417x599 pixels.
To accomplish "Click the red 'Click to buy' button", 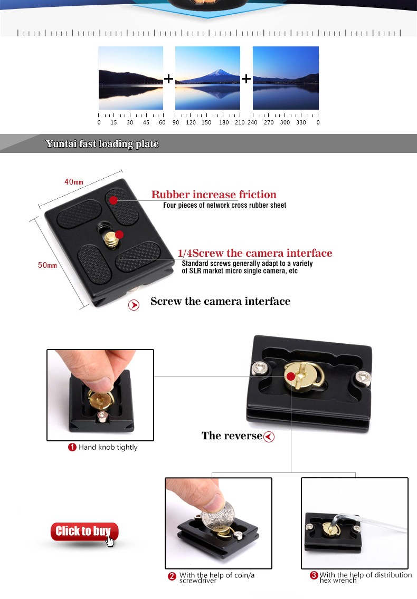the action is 84,532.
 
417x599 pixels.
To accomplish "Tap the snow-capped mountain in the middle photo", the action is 217,75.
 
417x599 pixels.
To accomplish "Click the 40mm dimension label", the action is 74,182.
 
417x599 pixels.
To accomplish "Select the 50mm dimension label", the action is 47,265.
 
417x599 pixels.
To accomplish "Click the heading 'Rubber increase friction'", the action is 214,195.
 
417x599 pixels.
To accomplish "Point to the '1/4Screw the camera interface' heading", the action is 255,253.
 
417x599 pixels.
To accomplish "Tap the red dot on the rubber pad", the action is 113,200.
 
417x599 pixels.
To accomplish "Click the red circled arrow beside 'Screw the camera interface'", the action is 134,305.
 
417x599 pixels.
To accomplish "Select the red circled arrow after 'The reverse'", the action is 269,437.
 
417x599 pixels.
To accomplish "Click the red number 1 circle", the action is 72,447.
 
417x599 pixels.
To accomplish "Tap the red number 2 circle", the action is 172,576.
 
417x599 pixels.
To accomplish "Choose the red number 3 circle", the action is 314,575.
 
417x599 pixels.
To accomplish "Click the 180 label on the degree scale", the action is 224,122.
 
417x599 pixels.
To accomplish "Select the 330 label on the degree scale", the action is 301,122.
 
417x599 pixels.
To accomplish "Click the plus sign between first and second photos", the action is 168,79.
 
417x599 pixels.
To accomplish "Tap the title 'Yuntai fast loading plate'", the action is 102,143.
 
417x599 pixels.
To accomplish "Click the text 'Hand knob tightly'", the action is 108,447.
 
